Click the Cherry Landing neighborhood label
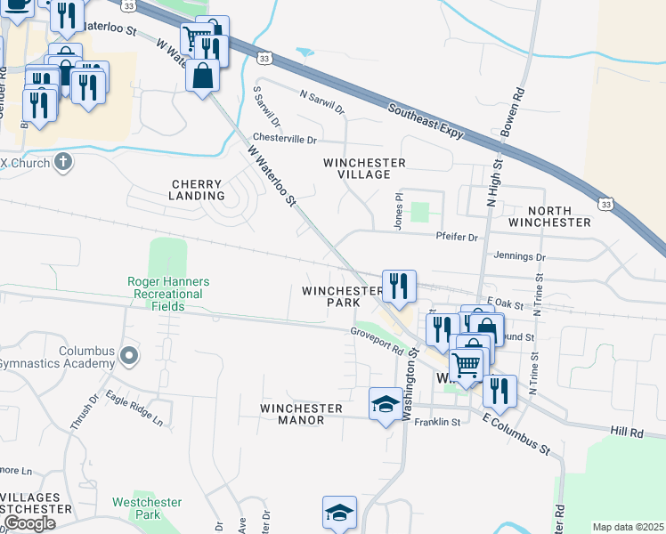198,190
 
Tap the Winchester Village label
364,168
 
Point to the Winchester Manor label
301,414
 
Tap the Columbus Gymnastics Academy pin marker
129,357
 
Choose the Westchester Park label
136,508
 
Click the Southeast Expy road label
425,119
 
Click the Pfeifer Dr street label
458,238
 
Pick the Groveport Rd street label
377,338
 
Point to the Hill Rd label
627,432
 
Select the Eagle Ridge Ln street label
134,407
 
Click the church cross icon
61,161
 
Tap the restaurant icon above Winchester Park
399,285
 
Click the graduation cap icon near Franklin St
385,403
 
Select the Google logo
28,522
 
